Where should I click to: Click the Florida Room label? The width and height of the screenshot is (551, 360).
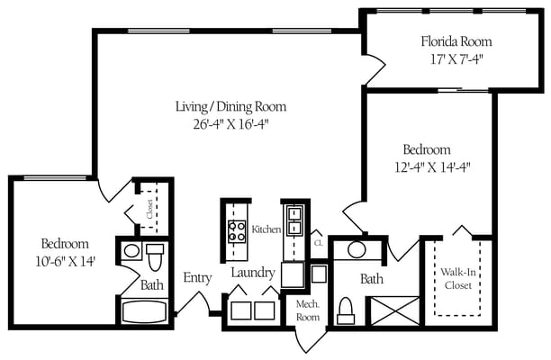point(456,41)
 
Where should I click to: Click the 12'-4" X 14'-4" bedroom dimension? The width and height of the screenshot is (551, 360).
point(428,166)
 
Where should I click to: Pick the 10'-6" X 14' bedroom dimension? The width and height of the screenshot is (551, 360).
point(64,261)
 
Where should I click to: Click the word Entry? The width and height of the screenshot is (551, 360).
point(197,278)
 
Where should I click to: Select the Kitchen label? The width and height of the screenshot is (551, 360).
point(266,229)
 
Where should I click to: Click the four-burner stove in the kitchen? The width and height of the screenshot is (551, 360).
point(238,231)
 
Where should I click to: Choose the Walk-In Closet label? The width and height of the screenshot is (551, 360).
point(458,280)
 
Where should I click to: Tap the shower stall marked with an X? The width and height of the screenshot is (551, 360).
point(394,310)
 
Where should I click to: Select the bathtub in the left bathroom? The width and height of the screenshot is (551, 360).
point(143,311)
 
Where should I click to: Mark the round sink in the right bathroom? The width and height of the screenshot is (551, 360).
point(357,249)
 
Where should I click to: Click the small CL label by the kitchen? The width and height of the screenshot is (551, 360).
point(318,241)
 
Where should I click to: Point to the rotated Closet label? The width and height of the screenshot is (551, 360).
point(149,209)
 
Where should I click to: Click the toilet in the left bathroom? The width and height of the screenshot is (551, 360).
point(154,258)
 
